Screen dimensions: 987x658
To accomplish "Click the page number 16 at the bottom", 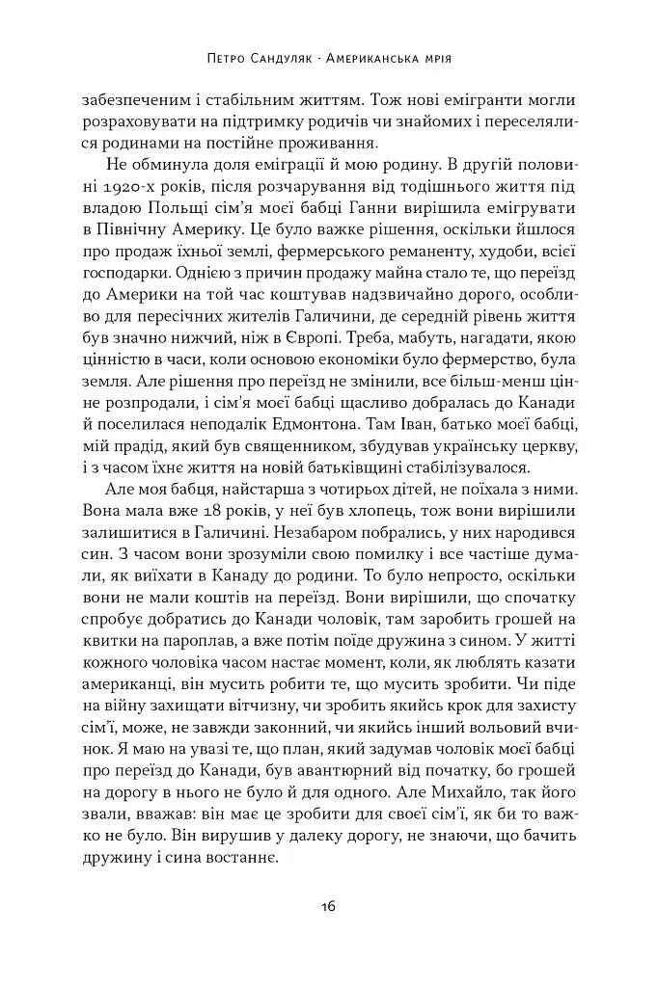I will click(328, 906).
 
